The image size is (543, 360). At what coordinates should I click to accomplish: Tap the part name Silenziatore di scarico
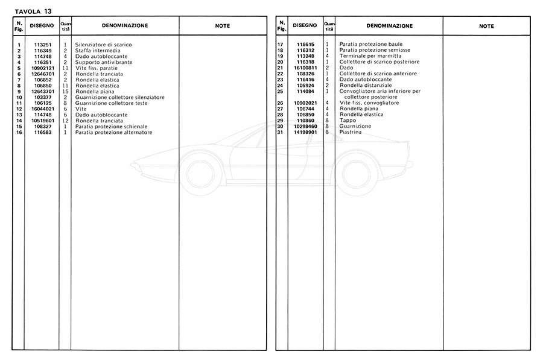(103, 45)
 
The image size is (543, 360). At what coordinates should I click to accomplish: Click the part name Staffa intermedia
(98, 51)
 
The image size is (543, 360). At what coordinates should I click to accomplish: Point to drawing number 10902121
(42, 68)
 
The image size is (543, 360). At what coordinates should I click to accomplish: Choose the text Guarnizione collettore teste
(111, 103)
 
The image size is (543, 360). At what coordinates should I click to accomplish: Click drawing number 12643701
(42, 92)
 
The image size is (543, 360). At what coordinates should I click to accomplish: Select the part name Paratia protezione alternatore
(113, 132)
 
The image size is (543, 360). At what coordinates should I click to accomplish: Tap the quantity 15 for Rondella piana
(65, 92)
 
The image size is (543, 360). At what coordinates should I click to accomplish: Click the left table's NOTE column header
(223, 26)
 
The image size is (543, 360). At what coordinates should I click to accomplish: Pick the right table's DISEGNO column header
(305, 26)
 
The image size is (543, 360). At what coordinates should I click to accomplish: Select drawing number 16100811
(306, 68)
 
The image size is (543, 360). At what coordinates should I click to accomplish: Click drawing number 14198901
(306, 132)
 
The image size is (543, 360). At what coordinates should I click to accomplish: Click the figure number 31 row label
(280, 132)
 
